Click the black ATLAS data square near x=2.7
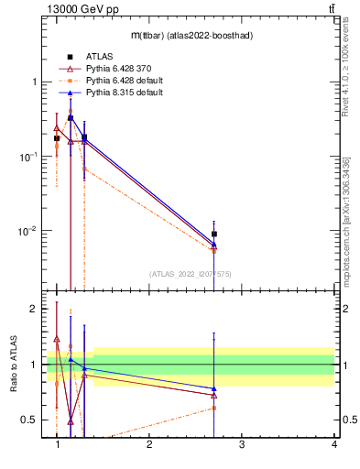[214, 234]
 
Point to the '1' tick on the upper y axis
[33, 82]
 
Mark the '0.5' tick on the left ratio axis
[29, 420]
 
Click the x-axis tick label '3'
[241, 445]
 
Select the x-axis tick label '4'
[333, 445]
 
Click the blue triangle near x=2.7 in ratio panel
[214, 389]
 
